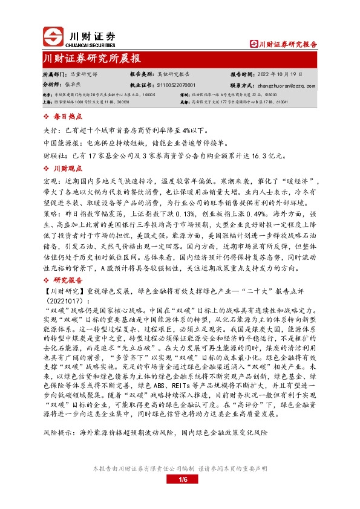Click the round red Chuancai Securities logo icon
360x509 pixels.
click(x=54, y=36)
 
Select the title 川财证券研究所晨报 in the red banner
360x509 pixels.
click(x=91, y=59)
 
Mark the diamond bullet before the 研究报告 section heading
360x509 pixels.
click(x=48, y=280)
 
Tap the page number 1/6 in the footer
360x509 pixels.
click(x=180, y=480)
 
